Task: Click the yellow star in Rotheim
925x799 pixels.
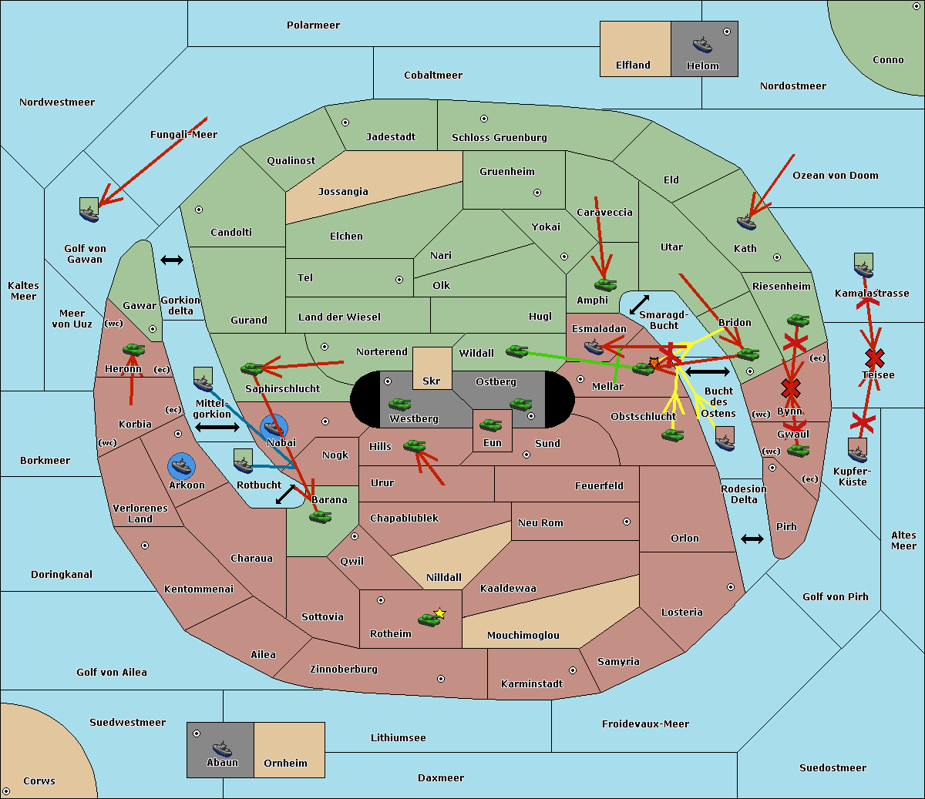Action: click(439, 613)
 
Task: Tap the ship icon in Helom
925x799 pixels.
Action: click(701, 45)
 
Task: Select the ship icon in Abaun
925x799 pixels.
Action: click(221, 748)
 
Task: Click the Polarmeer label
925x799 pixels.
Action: click(313, 25)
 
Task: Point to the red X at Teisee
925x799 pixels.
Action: click(874, 358)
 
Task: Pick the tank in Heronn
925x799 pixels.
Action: click(133, 350)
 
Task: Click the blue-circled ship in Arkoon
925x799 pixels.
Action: click(181, 466)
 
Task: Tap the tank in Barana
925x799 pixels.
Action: click(320, 517)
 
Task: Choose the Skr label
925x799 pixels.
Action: click(431, 381)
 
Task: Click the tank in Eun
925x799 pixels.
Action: click(490, 425)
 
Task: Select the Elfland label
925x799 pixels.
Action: click(633, 65)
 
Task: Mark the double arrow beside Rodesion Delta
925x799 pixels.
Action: click(752, 539)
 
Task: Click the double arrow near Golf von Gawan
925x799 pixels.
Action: click(171, 260)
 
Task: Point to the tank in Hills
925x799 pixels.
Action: click(414, 445)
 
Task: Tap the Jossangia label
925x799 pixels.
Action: click(343, 192)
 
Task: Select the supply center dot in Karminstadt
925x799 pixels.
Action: click(572, 670)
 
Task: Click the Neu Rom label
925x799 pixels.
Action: click(540, 523)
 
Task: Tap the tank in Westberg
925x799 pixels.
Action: click(399, 405)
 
